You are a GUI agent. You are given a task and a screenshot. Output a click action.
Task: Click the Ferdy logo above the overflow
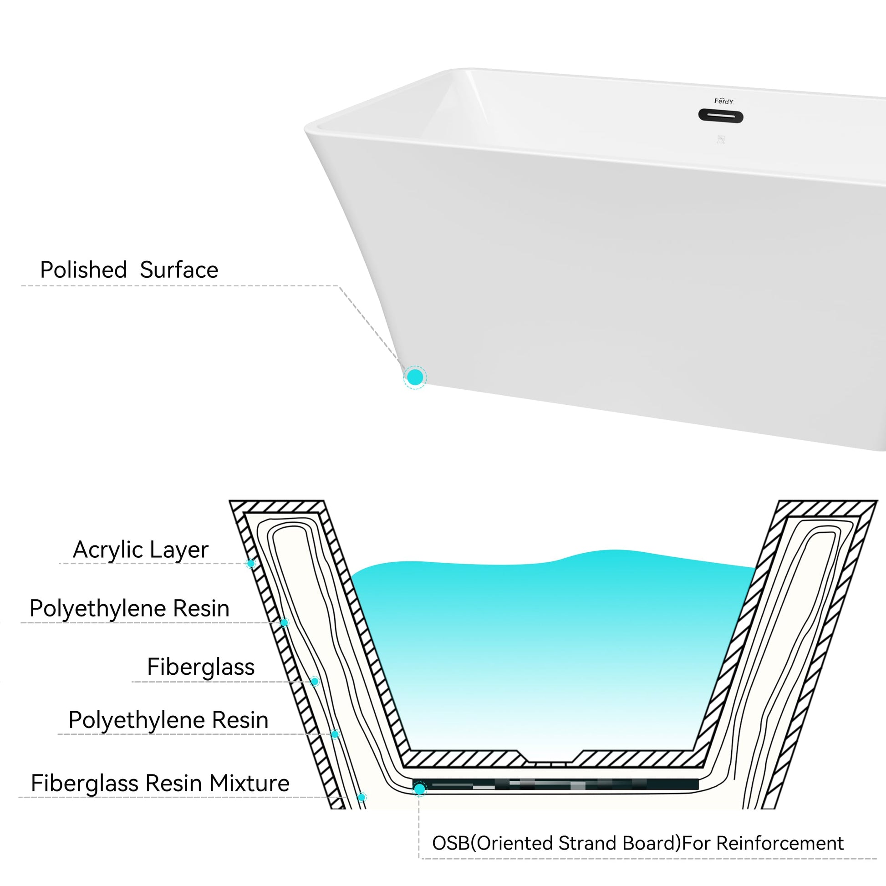pos(723,102)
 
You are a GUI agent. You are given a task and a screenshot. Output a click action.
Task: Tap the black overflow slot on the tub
pos(720,116)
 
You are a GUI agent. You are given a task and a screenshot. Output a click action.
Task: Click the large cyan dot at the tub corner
pos(415,377)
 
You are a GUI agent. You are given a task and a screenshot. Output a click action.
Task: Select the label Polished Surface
pos(129,270)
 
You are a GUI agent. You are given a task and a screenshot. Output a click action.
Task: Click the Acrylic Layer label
pos(140,550)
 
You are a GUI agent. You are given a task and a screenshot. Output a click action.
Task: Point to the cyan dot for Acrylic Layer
pos(251,563)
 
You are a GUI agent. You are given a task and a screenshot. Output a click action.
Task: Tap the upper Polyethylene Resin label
pos(129,609)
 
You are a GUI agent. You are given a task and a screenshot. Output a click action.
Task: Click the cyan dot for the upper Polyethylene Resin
pos(284,622)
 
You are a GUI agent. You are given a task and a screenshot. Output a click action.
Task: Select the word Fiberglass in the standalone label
pos(200,667)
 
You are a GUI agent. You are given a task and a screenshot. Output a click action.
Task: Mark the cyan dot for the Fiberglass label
pos(315,682)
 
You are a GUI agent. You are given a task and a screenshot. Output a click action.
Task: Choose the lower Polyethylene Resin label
pos(168,720)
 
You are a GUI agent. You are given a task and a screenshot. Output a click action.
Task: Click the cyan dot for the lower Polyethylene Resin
pos(335,734)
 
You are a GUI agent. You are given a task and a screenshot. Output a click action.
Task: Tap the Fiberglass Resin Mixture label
pos(160,783)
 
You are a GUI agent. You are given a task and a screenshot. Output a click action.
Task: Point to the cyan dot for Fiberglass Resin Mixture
pos(362,798)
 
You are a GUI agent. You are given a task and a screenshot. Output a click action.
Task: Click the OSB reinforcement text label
pos(638,843)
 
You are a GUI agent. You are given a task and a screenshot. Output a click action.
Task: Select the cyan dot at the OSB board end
pos(419,789)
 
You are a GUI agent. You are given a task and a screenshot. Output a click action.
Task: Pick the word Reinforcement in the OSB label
pos(780,843)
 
